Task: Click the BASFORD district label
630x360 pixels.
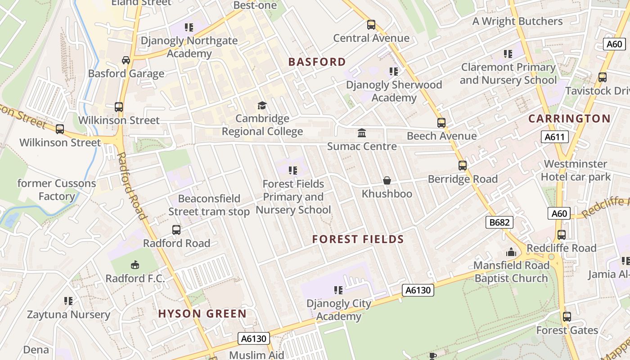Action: (x=317, y=62)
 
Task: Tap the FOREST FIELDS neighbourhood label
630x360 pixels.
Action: (x=358, y=239)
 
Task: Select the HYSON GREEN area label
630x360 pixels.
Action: (x=202, y=314)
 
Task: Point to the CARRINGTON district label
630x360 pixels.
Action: (x=569, y=119)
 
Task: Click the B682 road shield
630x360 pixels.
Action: (x=499, y=222)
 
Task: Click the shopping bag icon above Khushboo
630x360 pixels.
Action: (x=387, y=181)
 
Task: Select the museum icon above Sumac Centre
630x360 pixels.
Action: (x=362, y=133)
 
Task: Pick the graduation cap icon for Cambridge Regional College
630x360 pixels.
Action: (x=262, y=106)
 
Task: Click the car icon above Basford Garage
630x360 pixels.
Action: (x=126, y=60)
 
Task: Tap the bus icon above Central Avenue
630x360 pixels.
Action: (x=371, y=25)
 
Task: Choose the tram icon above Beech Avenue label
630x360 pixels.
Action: (x=441, y=123)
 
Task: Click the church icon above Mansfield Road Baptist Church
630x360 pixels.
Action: (x=511, y=252)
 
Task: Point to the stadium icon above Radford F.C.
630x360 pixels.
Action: (x=135, y=265)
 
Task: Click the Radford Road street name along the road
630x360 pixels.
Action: (x=132, y=185)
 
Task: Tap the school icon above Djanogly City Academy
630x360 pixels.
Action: (x=338, y=290)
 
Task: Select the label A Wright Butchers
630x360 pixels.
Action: (x=517, y=21)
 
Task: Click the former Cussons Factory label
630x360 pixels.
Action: (x=57, y=190)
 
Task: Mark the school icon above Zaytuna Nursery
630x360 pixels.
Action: (x=68, y=301)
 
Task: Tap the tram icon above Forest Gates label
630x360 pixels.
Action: (x=567, y=317)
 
